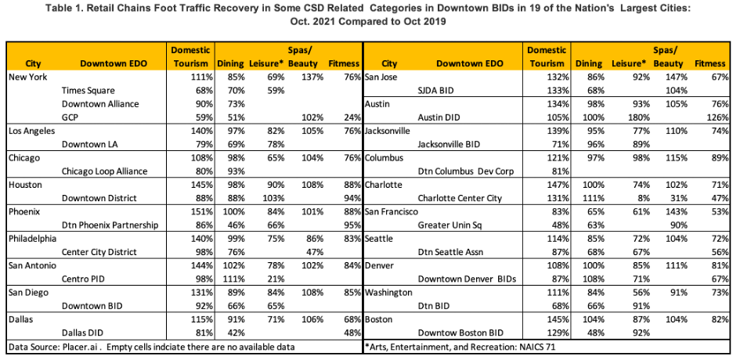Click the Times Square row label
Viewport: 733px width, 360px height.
(x=88, y=91)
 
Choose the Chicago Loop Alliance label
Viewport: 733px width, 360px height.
(x=104, y=171)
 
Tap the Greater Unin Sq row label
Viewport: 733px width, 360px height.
(x=446, y=225)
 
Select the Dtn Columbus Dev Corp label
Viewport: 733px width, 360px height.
(x=466, y=171)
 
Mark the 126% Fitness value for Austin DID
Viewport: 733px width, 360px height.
(x=718, y=117)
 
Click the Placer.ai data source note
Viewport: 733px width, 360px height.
(x=152, y=347)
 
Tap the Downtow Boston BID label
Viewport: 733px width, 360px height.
(x=460, y=333)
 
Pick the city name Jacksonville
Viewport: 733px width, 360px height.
(x=388, y=131)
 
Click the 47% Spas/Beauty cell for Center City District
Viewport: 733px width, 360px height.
(x=315, y=252)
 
